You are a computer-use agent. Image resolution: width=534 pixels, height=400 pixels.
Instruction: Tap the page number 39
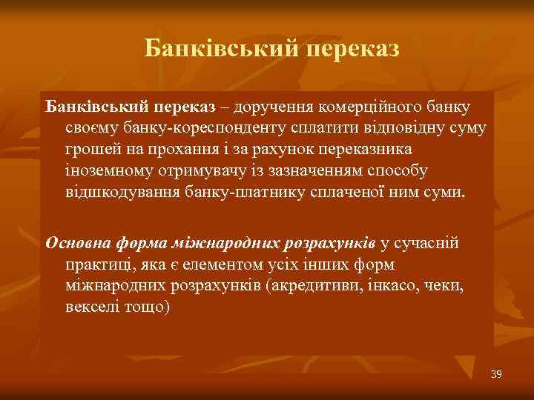pyautogui.click(x=496, y=375)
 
